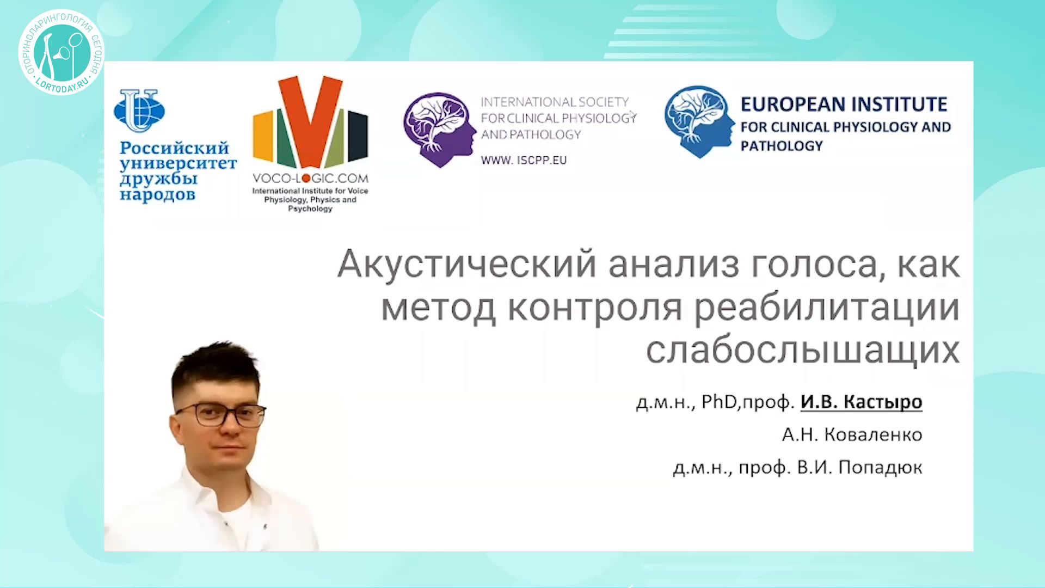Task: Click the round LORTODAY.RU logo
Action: pos(61,52)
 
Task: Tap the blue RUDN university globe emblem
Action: pos(139,111)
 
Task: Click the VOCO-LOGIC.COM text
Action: pos(310,178)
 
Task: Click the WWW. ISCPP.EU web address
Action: pos(524,160)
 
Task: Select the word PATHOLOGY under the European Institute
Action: pos(782,146)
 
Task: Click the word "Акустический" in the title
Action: pos(467,265)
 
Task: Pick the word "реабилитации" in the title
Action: pos(827,308)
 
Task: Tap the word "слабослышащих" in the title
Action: pos(803,350)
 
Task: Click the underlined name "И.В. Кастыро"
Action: pos(861,402)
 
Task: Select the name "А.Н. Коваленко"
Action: pos(852,434)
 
